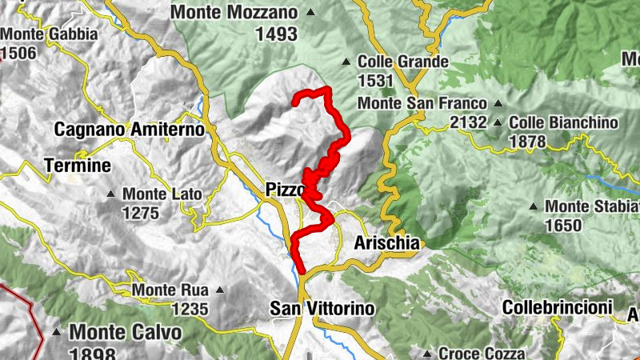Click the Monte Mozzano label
click(234, 13)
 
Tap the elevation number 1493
click(276, 34)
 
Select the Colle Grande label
click(402, 62)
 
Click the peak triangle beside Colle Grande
click(346, 62)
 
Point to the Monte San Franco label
click(422, 104)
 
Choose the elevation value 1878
click(526, 142)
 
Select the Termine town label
click(78, 166)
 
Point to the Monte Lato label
click(162, 194)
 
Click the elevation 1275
click(143, 213)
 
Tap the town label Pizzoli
click(285, 190)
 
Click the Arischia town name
click(386, 242)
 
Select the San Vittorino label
click(322, 307)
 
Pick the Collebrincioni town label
click(557, 306)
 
